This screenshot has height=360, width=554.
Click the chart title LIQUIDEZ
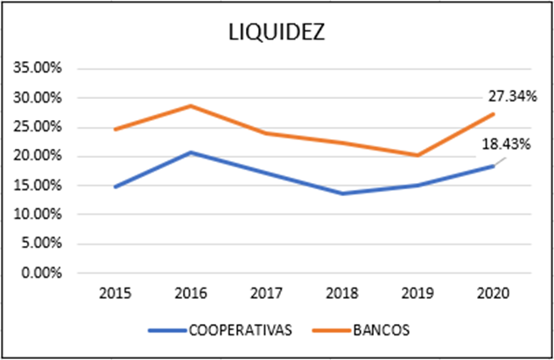pos(276,33)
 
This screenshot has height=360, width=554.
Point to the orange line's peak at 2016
pos(191,106)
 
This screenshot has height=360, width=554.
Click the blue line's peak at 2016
pos(191,152)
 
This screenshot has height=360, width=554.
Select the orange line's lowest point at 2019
pos(417,155)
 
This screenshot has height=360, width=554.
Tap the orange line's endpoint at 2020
pos(493,114)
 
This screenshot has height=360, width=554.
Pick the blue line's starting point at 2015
pos(116,187)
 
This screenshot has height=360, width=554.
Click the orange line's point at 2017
pos(266,133)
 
